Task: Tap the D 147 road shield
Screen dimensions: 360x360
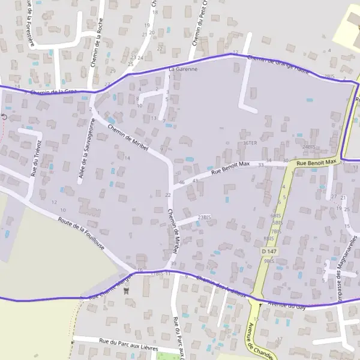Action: point(269,250)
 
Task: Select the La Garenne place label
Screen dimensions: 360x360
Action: point(182,69)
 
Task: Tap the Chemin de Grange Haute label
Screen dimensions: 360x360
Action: point(278,65)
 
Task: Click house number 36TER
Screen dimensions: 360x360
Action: point(250,143)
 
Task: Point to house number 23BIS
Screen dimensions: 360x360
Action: point(205,217)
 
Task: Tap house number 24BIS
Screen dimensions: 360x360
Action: point(309,147)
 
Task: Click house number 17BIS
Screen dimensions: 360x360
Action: point(157,274)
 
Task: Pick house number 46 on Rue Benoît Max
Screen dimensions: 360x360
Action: point(181,182)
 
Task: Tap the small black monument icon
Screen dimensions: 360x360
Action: point(126,291)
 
